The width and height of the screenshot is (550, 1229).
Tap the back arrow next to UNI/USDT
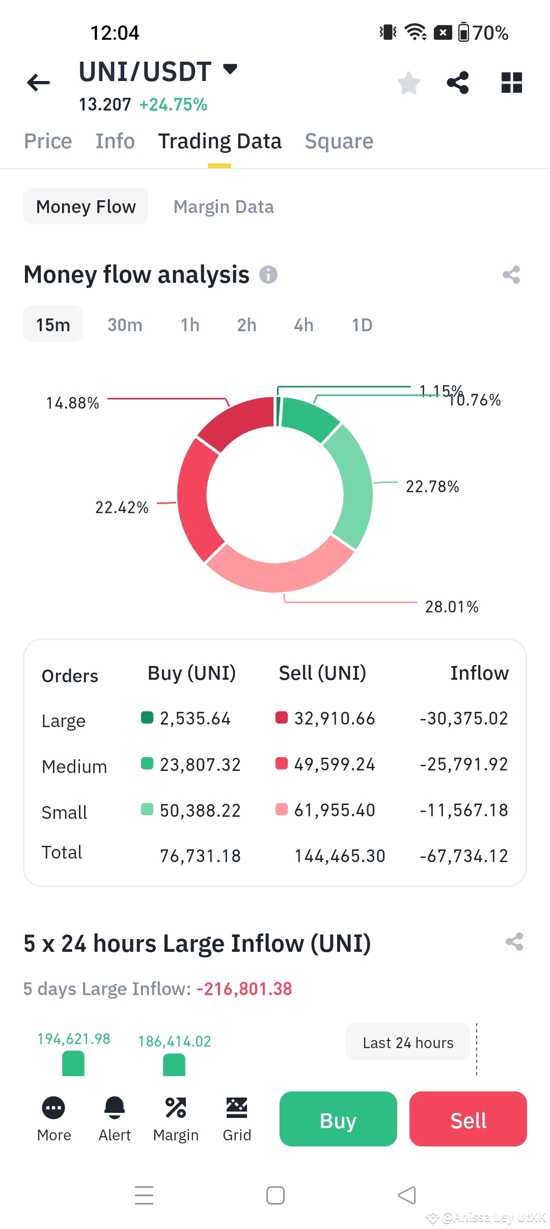click(39, 83)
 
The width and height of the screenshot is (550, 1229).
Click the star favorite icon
click(408, 83)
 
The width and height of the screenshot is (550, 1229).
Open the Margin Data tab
click(224, 207)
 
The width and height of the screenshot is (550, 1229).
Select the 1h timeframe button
click(190, 325)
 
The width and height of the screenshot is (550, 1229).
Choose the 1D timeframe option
click(362, 325)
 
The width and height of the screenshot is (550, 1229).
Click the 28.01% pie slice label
click(452, 606)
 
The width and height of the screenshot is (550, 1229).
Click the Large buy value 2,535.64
click(195, 718)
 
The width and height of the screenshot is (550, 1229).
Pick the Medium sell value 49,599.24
click(335, 764)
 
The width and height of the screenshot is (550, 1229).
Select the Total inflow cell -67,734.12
click(464, 856)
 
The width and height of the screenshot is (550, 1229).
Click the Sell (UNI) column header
click(322, 673)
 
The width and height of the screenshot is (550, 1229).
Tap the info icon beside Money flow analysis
click(268, 275)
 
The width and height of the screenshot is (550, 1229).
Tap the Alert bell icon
click(115, 1107)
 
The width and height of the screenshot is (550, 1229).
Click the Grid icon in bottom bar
click(237, 1107)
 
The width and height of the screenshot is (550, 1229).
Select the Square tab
click(339, 141)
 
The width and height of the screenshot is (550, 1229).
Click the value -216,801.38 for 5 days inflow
click(244, 989)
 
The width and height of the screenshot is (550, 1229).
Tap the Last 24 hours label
click(408, 1043)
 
